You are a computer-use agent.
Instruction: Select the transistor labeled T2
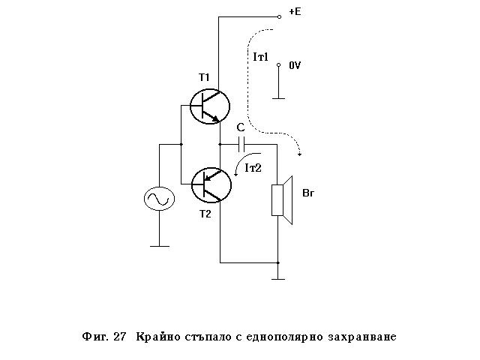(209, 184)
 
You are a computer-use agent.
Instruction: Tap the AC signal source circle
(159, 199)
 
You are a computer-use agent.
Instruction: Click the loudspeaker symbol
(281, 199)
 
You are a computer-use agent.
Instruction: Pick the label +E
(295, 13)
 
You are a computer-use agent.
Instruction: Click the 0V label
(295, 66)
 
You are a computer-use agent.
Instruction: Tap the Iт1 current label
(261, 57)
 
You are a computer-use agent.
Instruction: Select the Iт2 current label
(253, 168)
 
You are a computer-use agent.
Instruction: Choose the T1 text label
(205, 77)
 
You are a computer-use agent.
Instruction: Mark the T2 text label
(205, 214)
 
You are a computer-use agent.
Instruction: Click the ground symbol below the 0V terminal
(278, 96)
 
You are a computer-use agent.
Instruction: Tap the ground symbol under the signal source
(159, 244)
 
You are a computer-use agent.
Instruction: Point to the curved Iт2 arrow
(239, 166)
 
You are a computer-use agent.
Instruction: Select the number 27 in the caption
(119, 337)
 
